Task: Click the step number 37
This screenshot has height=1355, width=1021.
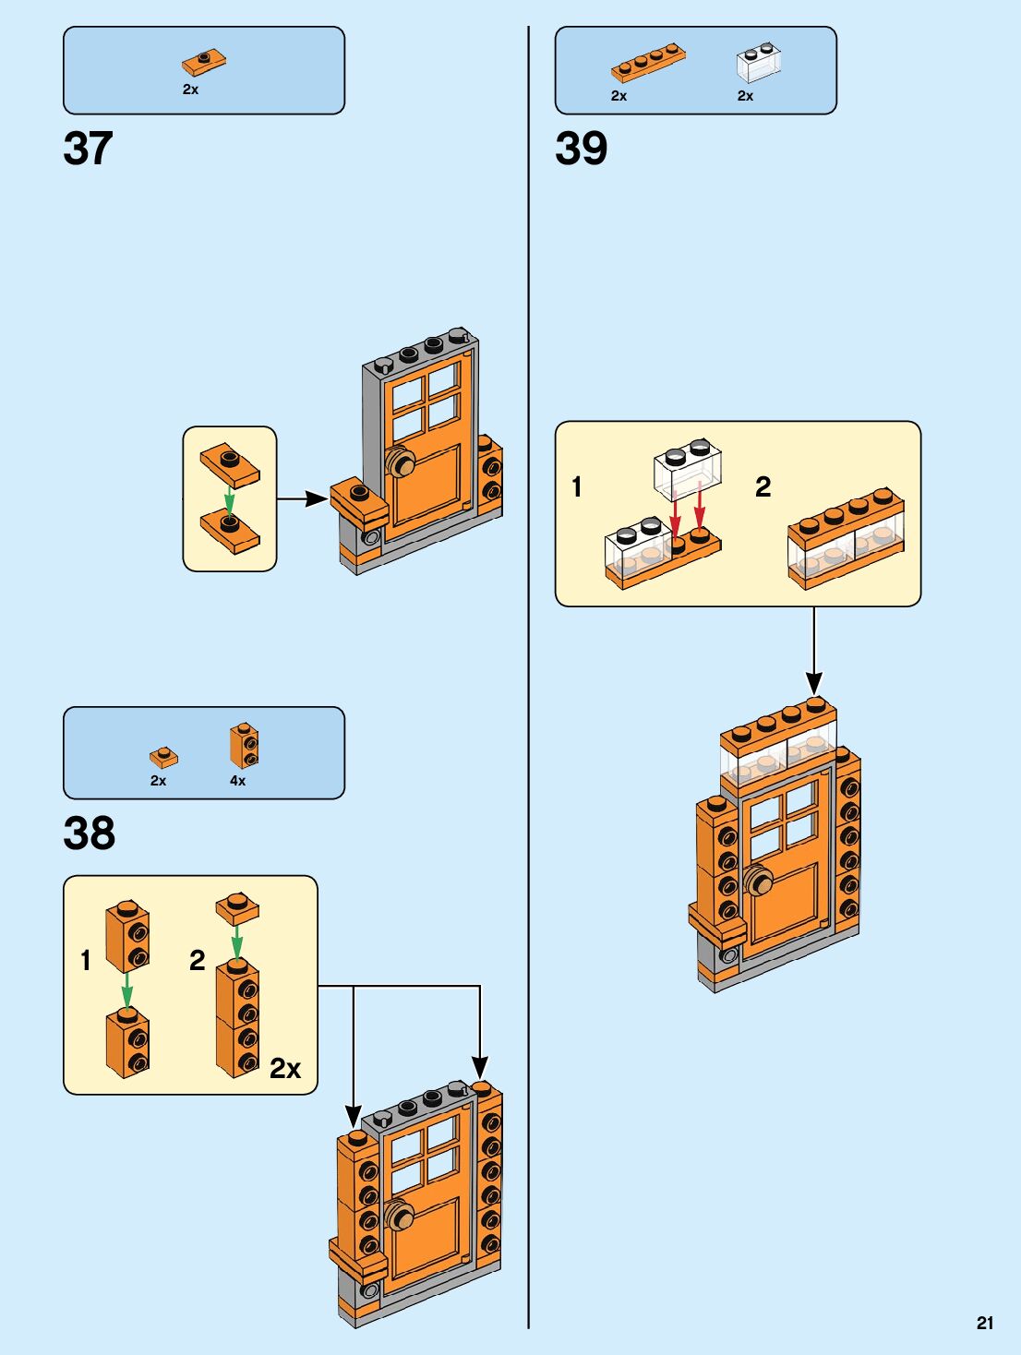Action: [88, 149]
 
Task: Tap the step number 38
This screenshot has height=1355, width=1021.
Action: [89, 833]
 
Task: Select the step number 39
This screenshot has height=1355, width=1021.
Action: [581, 149]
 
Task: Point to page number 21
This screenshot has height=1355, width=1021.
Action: [985, 1323]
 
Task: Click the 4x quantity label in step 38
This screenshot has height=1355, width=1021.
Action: [237, 781]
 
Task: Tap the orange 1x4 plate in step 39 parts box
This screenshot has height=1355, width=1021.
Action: [648, 63]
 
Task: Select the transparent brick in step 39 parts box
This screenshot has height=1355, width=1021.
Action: [759, 62]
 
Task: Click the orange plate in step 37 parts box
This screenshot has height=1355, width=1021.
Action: [204, 63]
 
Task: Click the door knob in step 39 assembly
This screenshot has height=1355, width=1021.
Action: [759, 882]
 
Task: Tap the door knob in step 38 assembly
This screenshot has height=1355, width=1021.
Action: [400, 1216]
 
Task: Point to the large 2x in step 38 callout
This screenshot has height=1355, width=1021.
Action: [285, 1069]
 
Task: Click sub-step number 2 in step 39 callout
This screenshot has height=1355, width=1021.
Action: [763, 486]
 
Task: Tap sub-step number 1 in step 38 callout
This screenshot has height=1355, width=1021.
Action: [86, 960]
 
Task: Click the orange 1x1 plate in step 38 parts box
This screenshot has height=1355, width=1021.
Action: [163, 758]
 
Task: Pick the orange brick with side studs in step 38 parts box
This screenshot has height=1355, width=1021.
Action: [244, 746]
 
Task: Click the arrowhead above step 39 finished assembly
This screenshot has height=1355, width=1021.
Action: [813, 683]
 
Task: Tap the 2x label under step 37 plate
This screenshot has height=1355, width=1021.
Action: [190, 90]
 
